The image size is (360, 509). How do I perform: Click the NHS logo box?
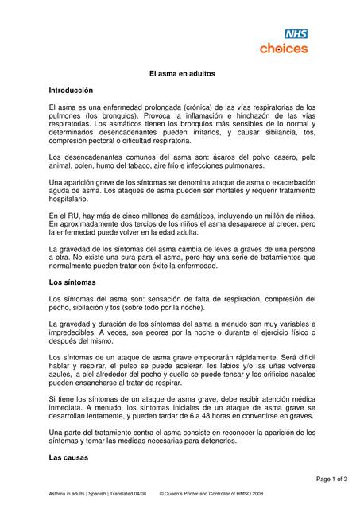[296, 34]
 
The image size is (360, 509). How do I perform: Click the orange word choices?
[284, 49]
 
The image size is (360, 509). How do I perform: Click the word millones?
[161, 216]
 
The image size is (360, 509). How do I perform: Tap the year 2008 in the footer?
[263, 494]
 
